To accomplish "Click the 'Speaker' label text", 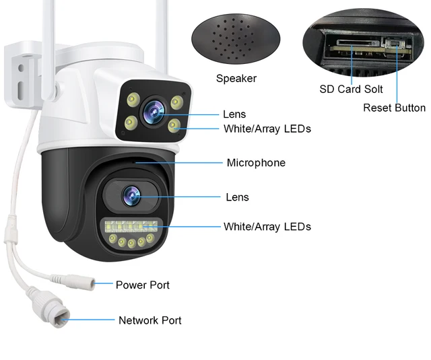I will tap(236, 79).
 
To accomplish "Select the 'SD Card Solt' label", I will tap(350, 89).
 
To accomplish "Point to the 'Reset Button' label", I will tap(394, 108).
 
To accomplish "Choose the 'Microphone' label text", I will tap(256, 163).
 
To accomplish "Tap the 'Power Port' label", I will tap(142, 285).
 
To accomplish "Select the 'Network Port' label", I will tap(150, 320).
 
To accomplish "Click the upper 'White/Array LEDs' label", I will tap(267, 129).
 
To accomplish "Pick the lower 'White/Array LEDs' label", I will tap(267, 227).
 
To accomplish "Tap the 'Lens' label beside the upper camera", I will tap(234, 114).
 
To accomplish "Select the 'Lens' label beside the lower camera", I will tap(237, 197).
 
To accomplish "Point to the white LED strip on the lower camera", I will tap(132, 226).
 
